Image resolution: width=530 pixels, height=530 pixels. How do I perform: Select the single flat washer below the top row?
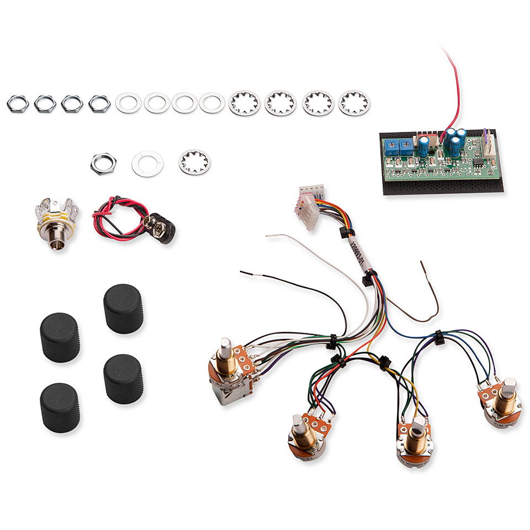(147, 163)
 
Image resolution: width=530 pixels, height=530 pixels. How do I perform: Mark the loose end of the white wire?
(268, 236)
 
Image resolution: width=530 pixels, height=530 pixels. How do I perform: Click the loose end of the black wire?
(242, 272)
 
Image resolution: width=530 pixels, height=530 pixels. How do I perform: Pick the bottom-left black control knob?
(59, 407)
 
